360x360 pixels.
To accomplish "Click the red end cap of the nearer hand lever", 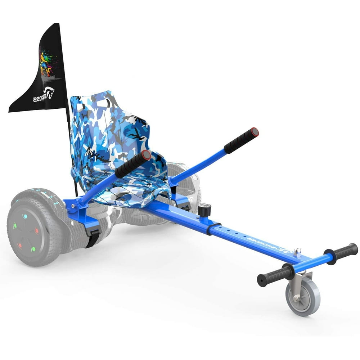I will (x=146, y=156).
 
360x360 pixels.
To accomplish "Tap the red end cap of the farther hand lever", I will (x=255, y=132).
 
